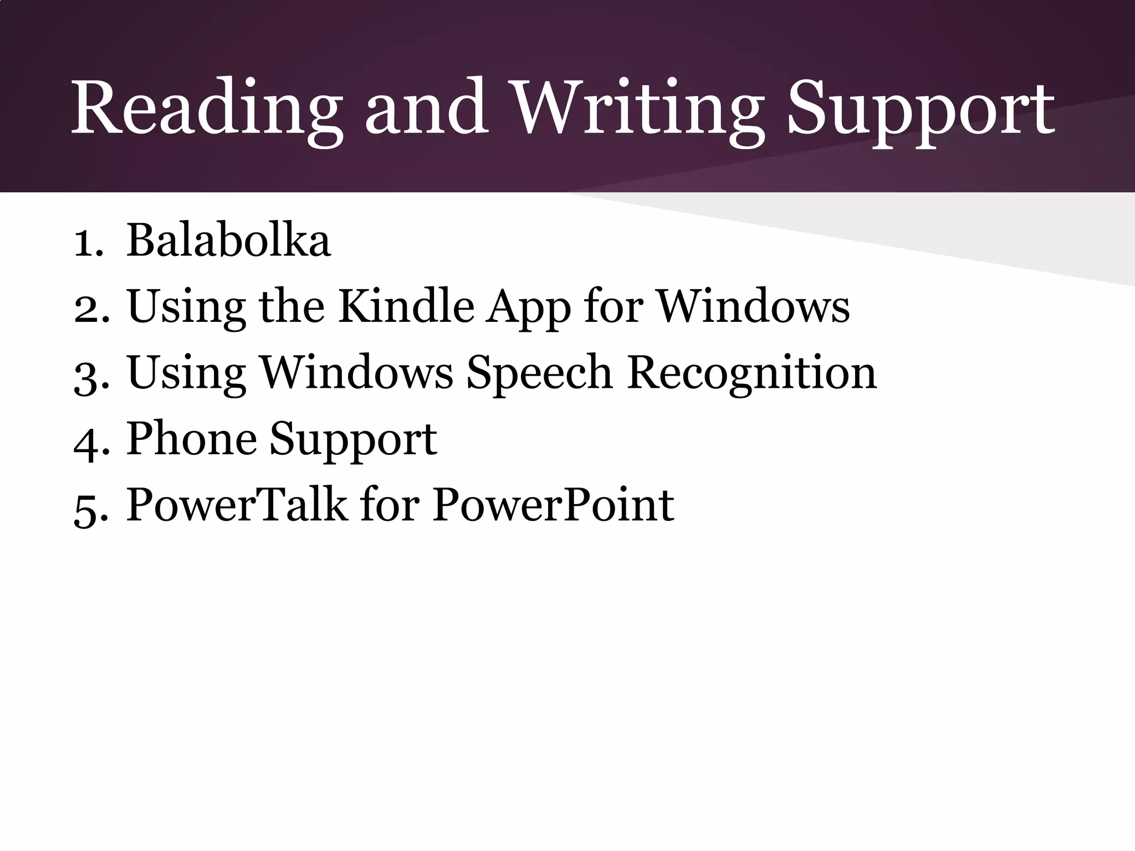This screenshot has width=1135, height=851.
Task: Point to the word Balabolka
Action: tap(228, 240)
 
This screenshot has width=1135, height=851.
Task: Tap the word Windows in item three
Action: tap(357, 372)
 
